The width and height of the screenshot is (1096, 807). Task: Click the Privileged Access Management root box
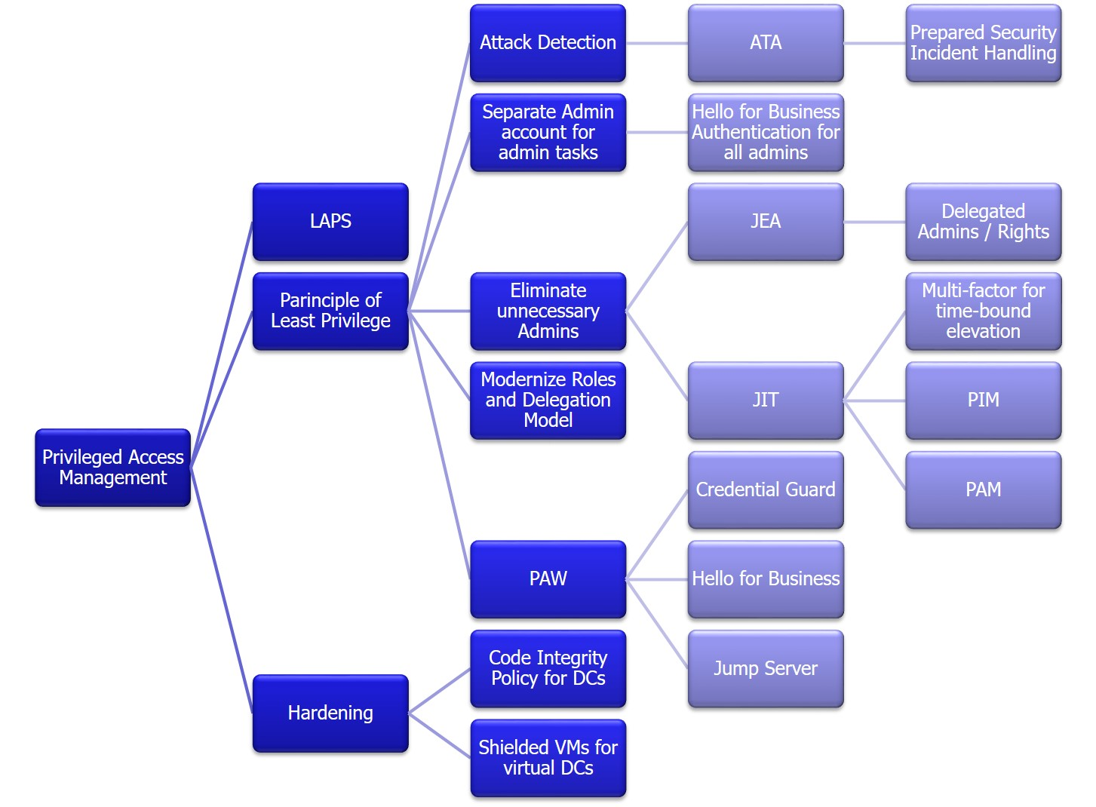click(x=112, y=468)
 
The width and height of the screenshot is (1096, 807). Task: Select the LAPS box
click(x=330, y=222)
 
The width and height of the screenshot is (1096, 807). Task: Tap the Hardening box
click(x=330, y=713)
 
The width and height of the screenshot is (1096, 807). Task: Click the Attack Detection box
click(x=548, y=43)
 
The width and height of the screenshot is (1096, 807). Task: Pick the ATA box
click(x=766, y=43)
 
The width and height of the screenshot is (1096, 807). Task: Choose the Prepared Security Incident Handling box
click(x=983, y=43)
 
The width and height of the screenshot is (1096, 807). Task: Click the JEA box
click(x=766, y=222)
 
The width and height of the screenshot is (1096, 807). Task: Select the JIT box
click(x=766, y=400)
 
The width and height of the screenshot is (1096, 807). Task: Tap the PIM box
click(x=983, y=400)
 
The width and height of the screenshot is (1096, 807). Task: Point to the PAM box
click(x=983, y=490)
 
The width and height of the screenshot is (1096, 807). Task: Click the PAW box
click(x=548, y=579)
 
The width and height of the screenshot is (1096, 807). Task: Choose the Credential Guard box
click(x=766, y=490)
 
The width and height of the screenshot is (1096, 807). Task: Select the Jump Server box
click(x=766, y=669)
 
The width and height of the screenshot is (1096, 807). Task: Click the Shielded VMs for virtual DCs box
click(x=548, y=758)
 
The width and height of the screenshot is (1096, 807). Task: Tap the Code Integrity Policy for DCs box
click(x=548, y=669)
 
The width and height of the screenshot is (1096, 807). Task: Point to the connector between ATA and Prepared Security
click(x=875, y=43)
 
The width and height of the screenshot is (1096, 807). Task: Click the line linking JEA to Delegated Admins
click(x=875, y=222)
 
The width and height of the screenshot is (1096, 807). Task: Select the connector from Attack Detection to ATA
click(x=657, y=43)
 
